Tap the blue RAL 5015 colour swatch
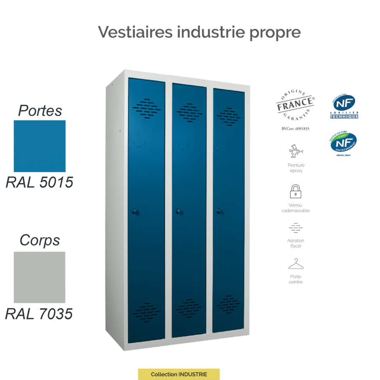[40, 146]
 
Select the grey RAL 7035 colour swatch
[40, 277]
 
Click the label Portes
[40, 111]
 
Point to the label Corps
[40, 240]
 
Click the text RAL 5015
[40, 182]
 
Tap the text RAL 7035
[39, 314]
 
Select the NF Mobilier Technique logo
[344, 106]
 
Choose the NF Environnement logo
[343, 144]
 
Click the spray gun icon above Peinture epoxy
[296, 151]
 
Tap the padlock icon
[296, 191]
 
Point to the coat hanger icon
[296, 265]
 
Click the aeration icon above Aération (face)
[296, 228]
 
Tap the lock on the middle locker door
[178, 211]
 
